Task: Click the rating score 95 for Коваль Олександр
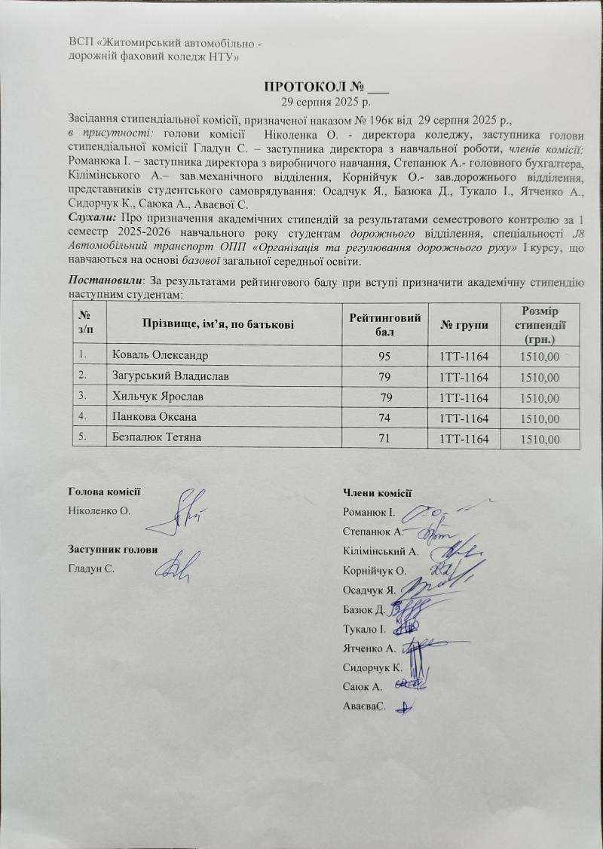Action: pyautogui.click(x=385, y=355)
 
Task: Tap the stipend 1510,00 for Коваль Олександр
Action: pyautogui.click(x=539, y=356)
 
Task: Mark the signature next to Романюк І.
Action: pyautogui.click(x=426, y=513)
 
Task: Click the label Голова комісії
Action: pyautogui.click(x=104, y=492)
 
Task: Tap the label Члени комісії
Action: pyautogui.click(x=376, y=493)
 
